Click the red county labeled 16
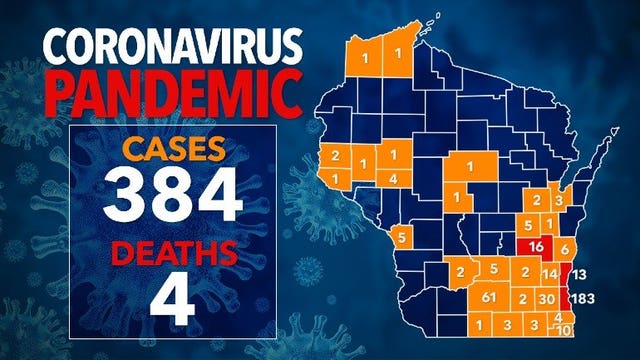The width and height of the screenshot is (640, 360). coord(536,246)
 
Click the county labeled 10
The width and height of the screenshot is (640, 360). coord(564,330)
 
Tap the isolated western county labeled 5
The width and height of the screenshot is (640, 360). coord(401,237)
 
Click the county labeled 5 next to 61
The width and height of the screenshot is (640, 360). coord(493,270)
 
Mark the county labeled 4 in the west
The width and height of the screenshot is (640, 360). coord(396,179)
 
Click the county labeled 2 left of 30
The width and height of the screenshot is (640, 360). coord(523,299)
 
